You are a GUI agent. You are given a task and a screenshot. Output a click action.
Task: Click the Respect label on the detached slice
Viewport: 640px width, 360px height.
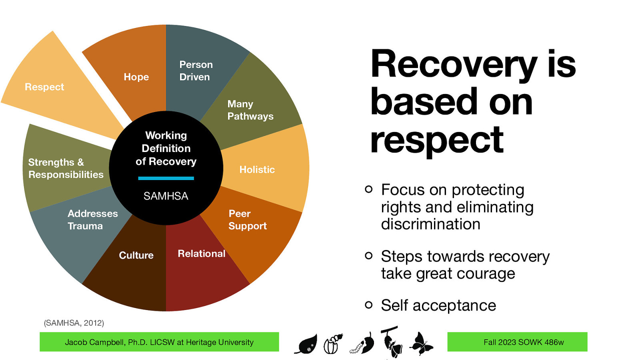[44, 87]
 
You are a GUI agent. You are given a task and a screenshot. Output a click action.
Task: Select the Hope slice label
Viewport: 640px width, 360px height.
[136, 77]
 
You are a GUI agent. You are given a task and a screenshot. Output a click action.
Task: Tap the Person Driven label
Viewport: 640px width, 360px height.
[196, 71]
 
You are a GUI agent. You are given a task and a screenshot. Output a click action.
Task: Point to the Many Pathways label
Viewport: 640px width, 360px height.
[250, 110]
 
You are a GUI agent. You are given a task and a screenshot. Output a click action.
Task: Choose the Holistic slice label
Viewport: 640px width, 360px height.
[257, 170]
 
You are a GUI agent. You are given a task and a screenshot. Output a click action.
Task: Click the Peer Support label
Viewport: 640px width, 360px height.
[247, 220]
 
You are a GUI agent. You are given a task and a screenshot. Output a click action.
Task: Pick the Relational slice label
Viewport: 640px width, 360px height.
[201, 254]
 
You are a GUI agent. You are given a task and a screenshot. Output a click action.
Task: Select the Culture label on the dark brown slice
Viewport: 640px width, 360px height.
[136, 255]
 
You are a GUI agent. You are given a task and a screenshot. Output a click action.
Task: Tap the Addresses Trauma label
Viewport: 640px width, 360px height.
[92, 220]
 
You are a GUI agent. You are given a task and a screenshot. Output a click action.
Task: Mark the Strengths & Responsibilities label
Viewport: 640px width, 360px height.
[66, 168]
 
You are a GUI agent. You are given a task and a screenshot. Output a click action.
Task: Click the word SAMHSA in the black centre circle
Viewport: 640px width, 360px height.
[166, 196]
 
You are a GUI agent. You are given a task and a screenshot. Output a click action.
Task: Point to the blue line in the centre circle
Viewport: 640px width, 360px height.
[166, 178]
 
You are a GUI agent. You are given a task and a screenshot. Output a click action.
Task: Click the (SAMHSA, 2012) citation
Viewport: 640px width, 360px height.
[74, 323]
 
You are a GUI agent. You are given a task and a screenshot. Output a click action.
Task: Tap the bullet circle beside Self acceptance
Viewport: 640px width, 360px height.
[368, 305]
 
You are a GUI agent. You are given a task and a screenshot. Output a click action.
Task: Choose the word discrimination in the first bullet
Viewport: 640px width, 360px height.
[430, 224]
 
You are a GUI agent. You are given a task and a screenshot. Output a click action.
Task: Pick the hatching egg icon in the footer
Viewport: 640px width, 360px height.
[333, 344]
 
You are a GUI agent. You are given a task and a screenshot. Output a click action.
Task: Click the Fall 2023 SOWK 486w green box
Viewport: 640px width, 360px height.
[517, 342]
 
